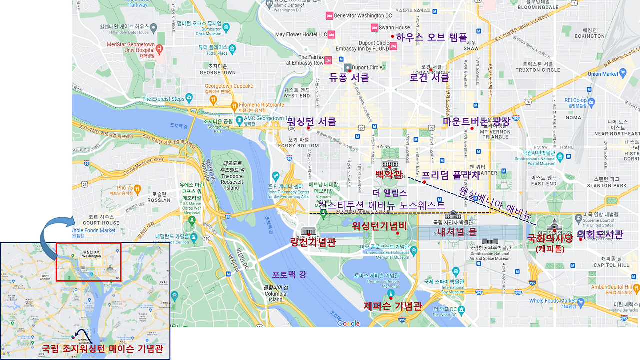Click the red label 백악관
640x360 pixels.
coord(389,174)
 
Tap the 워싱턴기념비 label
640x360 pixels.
coord(379,226)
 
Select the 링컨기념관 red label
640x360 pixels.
coord(313,242)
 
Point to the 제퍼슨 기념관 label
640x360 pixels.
coord(393,306)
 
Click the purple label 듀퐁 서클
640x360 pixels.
coord(349,78)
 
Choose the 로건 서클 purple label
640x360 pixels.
coord(429,78)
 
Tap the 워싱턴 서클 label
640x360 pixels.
coord(311,121)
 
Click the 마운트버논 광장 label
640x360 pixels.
coord(476,121)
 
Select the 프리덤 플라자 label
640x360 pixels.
coord(450,175)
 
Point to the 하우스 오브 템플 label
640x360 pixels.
coord(431,37)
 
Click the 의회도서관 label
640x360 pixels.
coord(600,234)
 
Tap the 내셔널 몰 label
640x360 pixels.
coord(457,232)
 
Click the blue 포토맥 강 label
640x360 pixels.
coord(289,274)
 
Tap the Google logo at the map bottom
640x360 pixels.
coord(348,323)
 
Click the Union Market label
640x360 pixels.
coord(603,74)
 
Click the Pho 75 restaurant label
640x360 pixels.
coord(128,188)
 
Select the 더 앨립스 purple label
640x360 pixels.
coord(390,192)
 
